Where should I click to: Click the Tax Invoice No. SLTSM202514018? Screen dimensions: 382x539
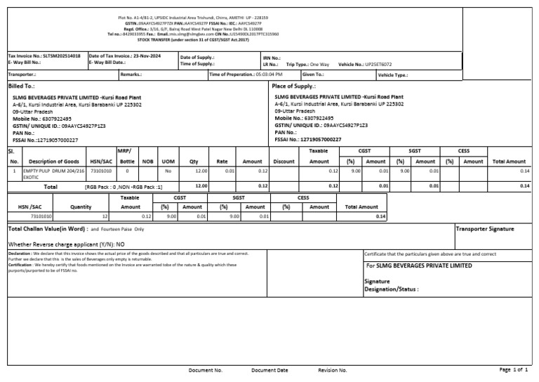(44, 55)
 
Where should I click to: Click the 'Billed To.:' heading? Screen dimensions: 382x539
(21, 85)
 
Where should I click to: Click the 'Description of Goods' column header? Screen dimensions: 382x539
(54, 161)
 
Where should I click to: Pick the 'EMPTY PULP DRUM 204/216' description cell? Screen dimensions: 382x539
(53, 171)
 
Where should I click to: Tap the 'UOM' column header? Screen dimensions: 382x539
(168, 161)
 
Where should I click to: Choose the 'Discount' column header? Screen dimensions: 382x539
(284, 161)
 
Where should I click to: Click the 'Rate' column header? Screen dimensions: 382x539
(222, 161)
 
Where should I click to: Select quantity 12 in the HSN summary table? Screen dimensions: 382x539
(105, 216)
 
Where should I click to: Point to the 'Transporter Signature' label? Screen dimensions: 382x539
(485, 229)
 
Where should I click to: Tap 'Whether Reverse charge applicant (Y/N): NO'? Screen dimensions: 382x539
(66, 244)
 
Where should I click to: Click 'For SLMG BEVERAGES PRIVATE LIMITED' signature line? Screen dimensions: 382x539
(419, 266)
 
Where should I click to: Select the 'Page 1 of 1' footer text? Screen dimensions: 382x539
(513, 369)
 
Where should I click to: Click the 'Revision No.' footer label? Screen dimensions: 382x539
(333, 370)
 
